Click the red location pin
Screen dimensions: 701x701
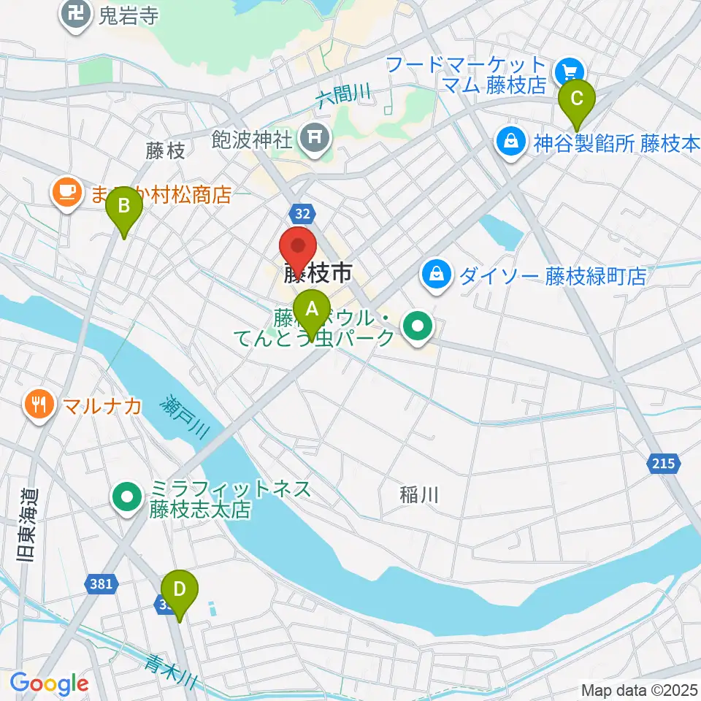click(x=299, y=249)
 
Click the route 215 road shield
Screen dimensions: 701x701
click(x=664, y=463)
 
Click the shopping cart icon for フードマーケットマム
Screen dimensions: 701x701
click(x=568, y=72)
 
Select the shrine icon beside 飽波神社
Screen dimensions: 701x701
click(x=316, y=136)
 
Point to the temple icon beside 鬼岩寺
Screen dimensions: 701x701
click(x=75, y=14)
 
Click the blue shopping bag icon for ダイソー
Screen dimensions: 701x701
click(x=436, y=275)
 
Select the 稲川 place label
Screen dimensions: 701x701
click(x=419, y=495)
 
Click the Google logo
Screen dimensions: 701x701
click(x=49, y=684)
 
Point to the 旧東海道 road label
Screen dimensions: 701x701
click(x=26, y=524)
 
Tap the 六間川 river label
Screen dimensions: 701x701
click(x=345, y=95)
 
